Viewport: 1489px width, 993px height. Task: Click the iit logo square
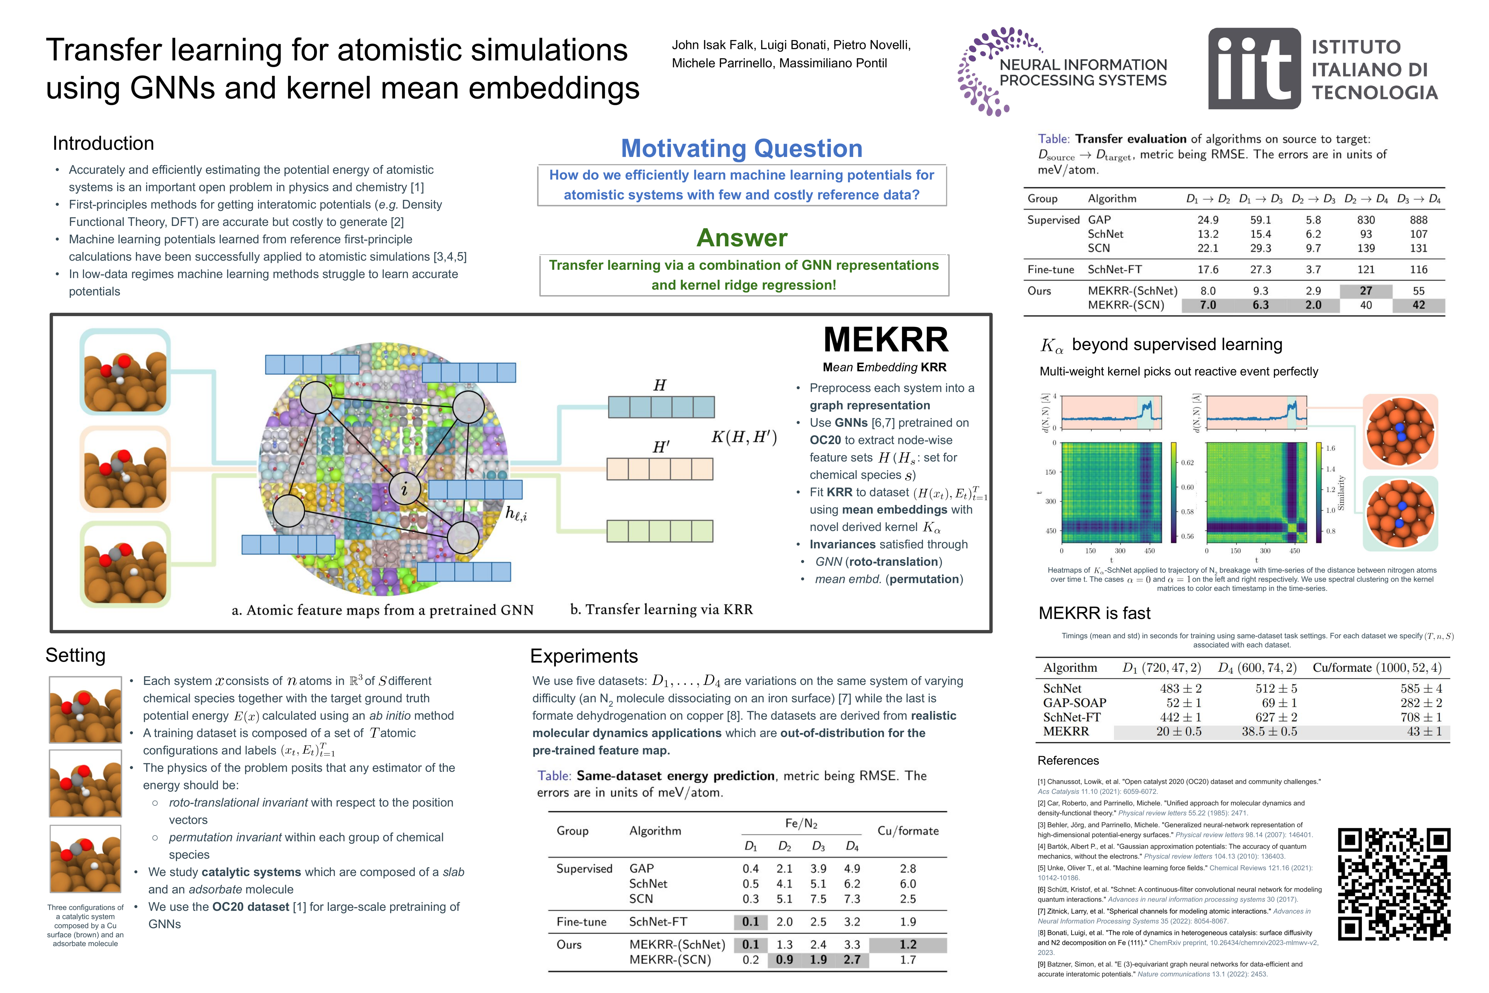tap(1254, 68)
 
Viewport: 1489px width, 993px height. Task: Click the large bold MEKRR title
tap(885, 340)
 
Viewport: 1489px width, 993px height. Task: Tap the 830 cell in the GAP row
tap(1366, 220)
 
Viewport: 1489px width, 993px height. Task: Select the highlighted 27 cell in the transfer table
tap(1366, 291)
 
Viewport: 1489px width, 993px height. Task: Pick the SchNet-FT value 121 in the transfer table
tap(1366, 269)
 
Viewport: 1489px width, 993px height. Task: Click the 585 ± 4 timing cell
tap(1421, 689)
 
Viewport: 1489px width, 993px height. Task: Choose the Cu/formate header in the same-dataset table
tap(908, 831)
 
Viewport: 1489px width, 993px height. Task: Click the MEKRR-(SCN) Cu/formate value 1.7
tap(908, 960)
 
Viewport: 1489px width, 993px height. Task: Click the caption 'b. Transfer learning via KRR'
tap(661, 609)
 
